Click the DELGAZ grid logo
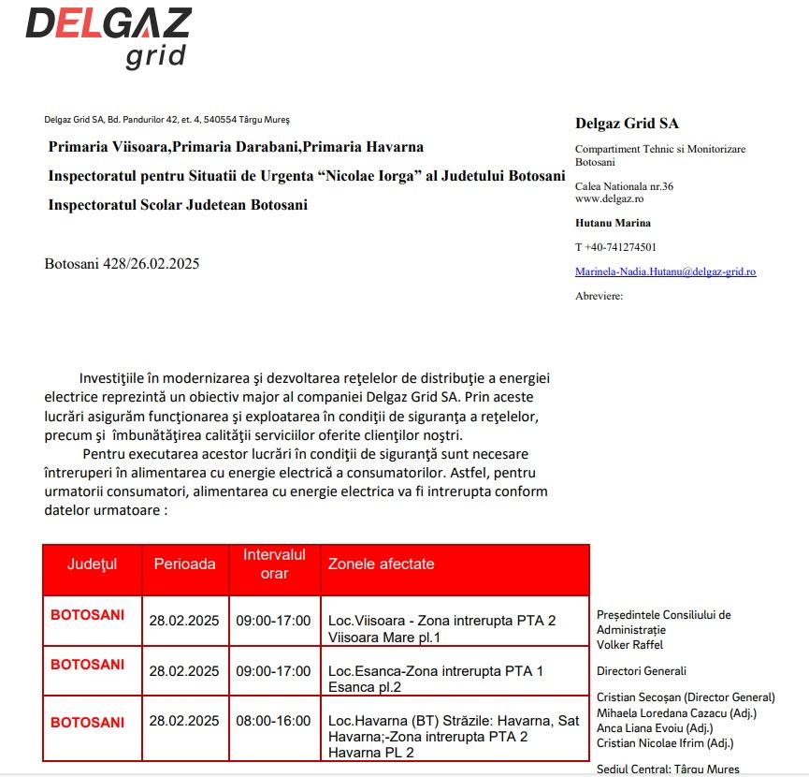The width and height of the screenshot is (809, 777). [108, 37]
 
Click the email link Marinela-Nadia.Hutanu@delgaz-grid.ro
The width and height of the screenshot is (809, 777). [665, 271]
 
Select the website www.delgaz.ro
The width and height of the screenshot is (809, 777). [609, 198]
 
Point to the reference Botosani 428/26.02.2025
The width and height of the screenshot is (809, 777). [122, 264]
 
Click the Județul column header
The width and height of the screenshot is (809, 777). [92, 564]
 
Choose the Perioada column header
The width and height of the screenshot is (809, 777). [184, 564]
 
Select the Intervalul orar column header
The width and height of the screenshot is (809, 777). [274, 564]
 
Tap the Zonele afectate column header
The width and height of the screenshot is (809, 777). [381, 564]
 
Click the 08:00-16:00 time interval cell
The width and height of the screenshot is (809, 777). [273, 721]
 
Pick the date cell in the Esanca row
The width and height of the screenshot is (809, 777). [184, 670]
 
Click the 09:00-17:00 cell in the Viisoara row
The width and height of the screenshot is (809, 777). [273, 620]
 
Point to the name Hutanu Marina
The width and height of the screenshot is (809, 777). [613, 223]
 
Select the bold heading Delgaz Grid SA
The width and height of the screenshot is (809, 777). [627, 124]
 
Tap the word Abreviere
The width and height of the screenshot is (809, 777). [599, 296]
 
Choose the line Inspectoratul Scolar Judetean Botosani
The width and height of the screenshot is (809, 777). [178, 205]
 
